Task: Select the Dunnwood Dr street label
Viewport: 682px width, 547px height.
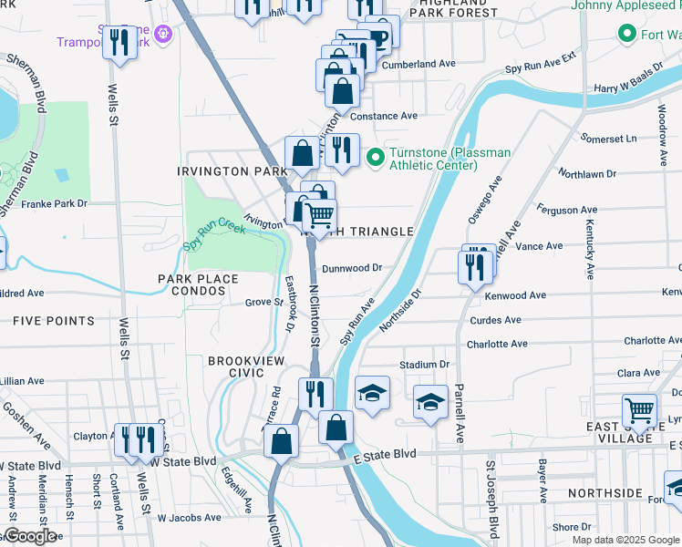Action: [351, 268]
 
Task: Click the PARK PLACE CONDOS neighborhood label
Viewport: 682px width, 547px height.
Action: [197, 284]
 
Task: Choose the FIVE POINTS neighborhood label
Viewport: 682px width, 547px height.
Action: [54, 321]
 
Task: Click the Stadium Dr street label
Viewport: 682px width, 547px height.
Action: [425, 365]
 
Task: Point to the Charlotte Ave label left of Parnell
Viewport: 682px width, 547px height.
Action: [497, 344]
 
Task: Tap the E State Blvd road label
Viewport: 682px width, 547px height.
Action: [384, 454]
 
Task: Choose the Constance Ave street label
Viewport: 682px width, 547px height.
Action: [384, 116]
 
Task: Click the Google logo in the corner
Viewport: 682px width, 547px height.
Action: [29, 536]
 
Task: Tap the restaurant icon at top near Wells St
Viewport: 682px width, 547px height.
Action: [119, 42]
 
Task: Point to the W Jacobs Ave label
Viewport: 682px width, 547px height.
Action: [189, 518]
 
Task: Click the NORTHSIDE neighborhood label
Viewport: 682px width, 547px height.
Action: [604, 493]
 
